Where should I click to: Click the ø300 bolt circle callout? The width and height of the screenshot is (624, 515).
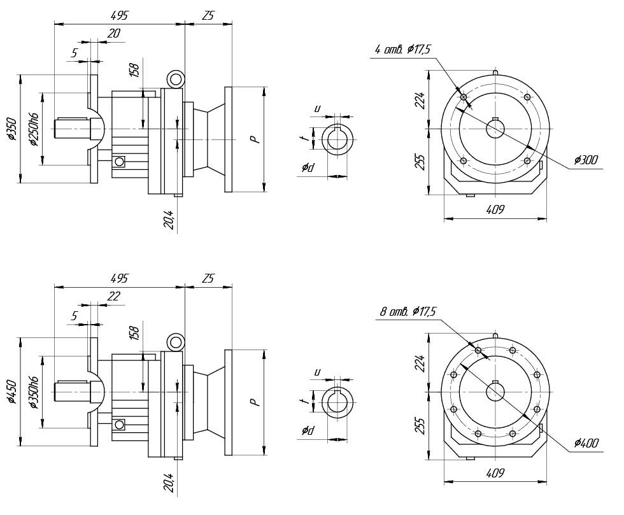click(585, 160)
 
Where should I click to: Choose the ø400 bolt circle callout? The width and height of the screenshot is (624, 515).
click(585, 443)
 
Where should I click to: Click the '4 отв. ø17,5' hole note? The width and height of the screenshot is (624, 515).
click(403, 50)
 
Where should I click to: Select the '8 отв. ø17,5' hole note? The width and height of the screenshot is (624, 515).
click(408, 312)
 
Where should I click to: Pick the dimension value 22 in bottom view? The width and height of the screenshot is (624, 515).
click(113, 296)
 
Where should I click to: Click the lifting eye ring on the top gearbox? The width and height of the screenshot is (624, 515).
click(175, 79)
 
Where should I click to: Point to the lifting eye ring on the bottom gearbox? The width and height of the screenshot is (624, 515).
click(175, 342)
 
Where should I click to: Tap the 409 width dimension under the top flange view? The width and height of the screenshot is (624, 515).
click(495, 209)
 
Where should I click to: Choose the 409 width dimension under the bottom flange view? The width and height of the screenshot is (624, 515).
click(495, 472)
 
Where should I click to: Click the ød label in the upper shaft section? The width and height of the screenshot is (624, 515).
click(308, 167)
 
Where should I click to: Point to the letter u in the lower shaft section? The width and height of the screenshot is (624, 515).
click(316, 372)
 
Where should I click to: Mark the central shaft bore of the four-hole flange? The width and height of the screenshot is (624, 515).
click(495, 129)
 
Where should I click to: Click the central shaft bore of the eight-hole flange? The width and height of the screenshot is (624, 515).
click(495, 392)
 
